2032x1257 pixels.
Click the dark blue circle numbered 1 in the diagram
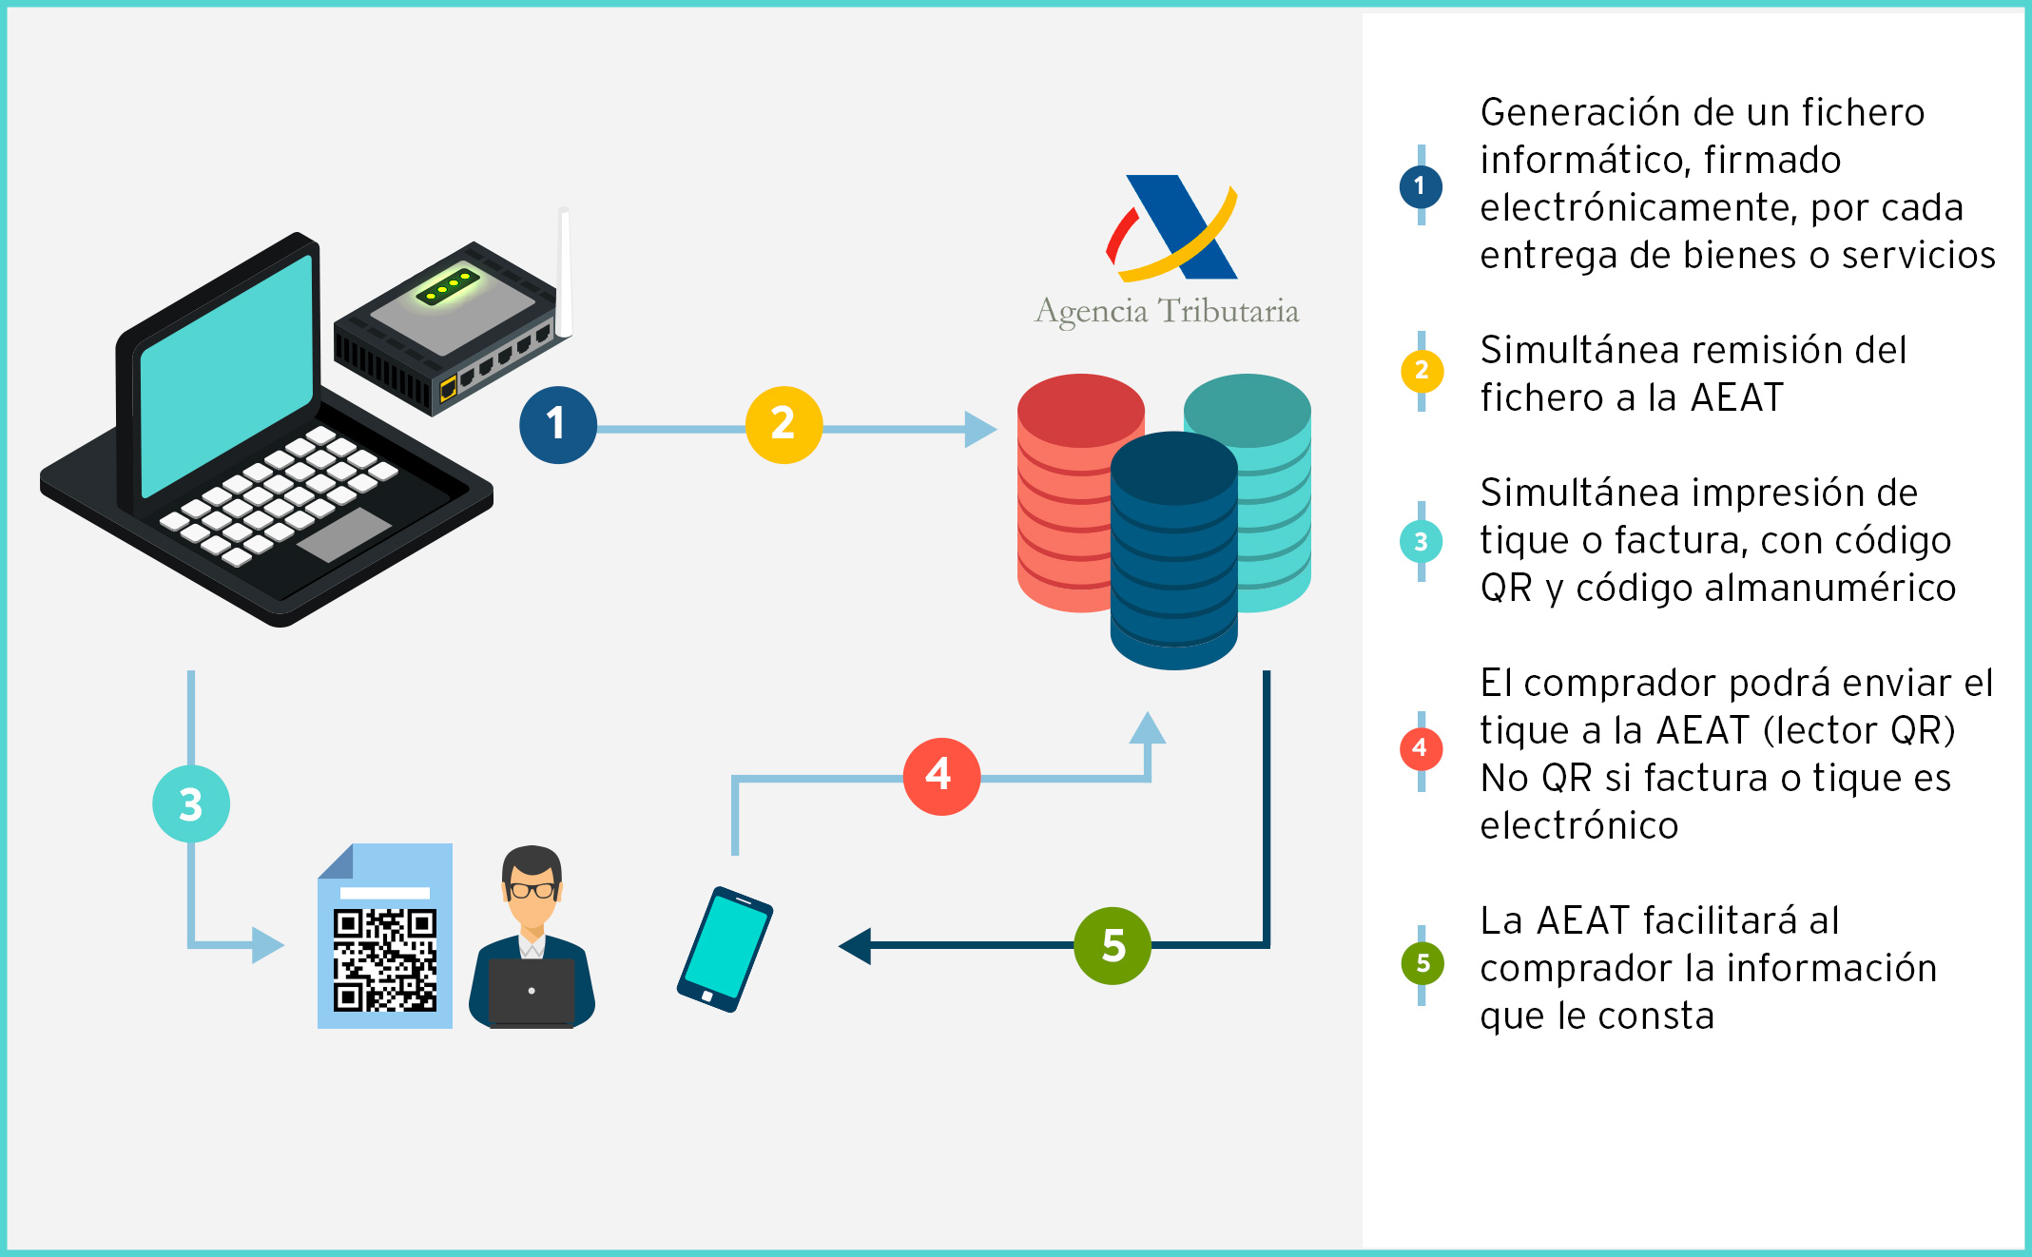click(558, 425)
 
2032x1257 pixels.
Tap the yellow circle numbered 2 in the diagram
click(784, 425)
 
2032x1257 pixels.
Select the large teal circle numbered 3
click(191, 804)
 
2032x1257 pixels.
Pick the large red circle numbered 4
click(941, 776)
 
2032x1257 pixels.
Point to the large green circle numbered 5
click(1113, 945)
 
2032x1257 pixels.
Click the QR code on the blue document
click(385, 960)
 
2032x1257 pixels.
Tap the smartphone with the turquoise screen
click(725, 949)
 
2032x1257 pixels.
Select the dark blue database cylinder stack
click(1174, 551)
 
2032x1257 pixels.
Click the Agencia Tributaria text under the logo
click(1167, 312)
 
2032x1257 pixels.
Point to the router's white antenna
click(564, 271)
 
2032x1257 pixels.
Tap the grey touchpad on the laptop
click(344, 534)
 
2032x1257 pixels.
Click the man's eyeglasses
click(532, 891)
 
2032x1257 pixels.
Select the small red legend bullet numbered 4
click(1421, 748)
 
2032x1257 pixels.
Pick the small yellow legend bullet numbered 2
click(1422, 370)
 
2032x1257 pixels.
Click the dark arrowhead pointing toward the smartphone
click(855, 945)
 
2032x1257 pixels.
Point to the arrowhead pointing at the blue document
click(268, 945)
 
